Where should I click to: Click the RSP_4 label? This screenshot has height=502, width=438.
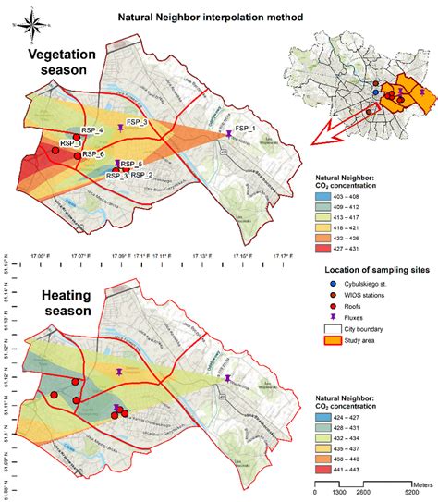90,129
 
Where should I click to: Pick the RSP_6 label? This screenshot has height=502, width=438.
92,153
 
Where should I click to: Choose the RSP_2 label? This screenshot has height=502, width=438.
141,174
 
